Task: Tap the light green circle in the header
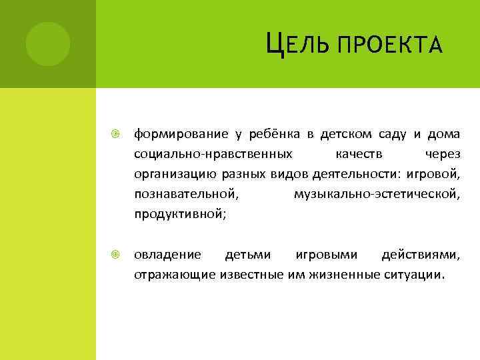[47, 43]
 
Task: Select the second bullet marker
[115, 255]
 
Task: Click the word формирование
[179, 135]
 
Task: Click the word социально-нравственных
[213, 155]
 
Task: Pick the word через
[442, 155]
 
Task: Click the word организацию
[175, 175]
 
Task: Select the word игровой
[437, 175]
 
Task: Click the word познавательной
[185, 195]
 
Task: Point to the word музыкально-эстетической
[377, 195]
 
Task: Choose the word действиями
[419, 255]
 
